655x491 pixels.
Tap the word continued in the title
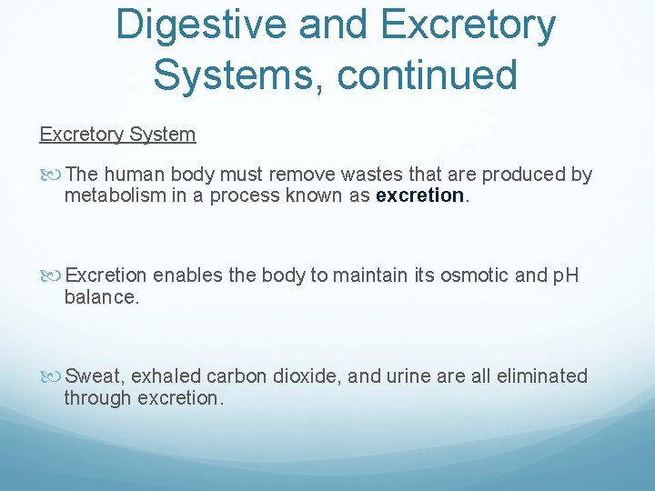pyautogui.click(x=427, y=74)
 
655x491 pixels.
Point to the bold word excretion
pyautogui.click(x=419, y=196)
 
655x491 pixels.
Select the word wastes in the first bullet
pyautogui.click(x=339, y=175)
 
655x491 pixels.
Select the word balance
pyautogui.click(x=101, y=297)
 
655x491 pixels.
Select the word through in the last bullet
pyautogui.click(x=96, y=398)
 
